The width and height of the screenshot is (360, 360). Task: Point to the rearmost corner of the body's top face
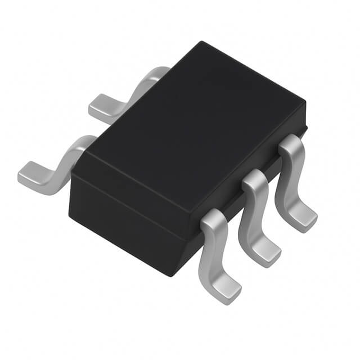click(201, 42)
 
